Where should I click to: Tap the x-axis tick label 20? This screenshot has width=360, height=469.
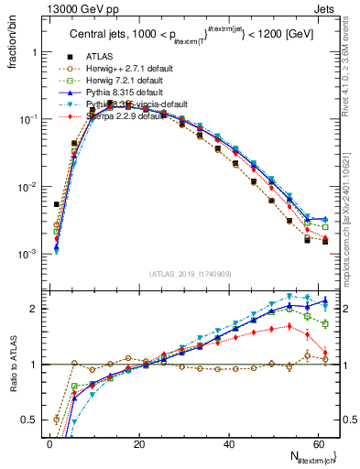coord(138,444)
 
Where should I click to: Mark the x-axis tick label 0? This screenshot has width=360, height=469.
coord(49,444)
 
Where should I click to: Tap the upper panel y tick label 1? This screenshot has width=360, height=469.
coord(36,52)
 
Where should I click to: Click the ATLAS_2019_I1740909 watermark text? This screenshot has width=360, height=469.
coord(190,273)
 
